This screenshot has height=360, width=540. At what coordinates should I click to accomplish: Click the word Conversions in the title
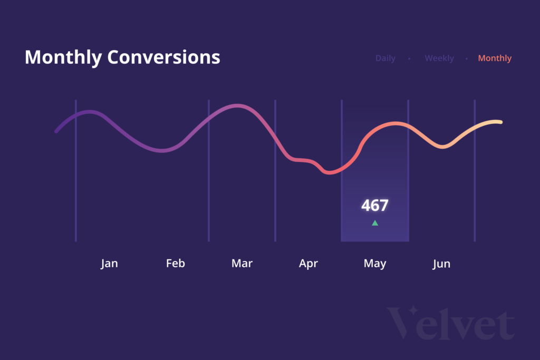pos(163,57)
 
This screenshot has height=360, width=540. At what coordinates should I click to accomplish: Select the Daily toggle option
pos(385,59)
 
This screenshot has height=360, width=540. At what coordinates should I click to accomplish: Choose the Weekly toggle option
pos(439,59)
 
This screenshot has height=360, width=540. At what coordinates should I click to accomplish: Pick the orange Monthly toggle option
pos(495,59)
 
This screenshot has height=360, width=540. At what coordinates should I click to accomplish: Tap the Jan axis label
pos(109,264)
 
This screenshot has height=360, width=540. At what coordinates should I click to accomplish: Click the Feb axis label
pos(176,264)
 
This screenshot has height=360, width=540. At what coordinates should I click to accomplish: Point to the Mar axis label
pos(242,264)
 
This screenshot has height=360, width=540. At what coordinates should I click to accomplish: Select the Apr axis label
pos(308,264)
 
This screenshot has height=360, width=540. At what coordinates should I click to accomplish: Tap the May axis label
pos(375,264)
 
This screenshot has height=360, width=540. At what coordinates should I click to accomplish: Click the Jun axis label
pos(441,264)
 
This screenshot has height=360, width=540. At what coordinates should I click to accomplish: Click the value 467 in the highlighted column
pos(375,206)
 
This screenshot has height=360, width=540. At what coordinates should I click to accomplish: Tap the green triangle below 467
pos(375,223)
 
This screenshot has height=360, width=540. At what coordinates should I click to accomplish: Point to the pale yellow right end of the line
pos(500,122)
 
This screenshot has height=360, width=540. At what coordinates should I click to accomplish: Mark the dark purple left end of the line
pos(56,131)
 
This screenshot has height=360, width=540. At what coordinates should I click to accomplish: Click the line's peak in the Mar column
pos(237,106)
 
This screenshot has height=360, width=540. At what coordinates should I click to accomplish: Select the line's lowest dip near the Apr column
pos(329,172)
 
